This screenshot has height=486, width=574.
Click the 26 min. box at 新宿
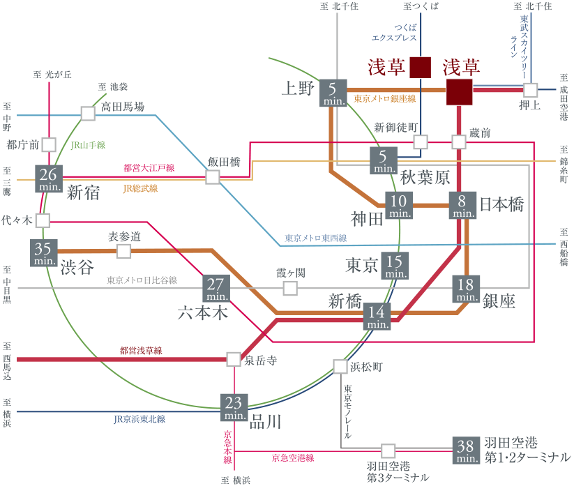tap(48, 179)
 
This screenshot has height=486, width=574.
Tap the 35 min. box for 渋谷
tap(43, 253)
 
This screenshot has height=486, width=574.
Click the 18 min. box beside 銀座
tap(467, 289)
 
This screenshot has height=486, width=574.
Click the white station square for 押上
tap(531, 90)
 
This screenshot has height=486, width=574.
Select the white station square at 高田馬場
tap(88, 113)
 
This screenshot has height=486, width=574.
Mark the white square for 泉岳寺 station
tap(234, 359)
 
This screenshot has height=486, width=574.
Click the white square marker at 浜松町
tap(340, 366)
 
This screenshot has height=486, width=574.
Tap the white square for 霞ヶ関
tap(289, 287)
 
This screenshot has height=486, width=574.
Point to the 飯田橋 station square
tap(213, 177)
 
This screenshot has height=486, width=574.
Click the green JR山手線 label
tap(88, 145)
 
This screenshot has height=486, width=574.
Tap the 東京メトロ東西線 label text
tap(315, 238)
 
